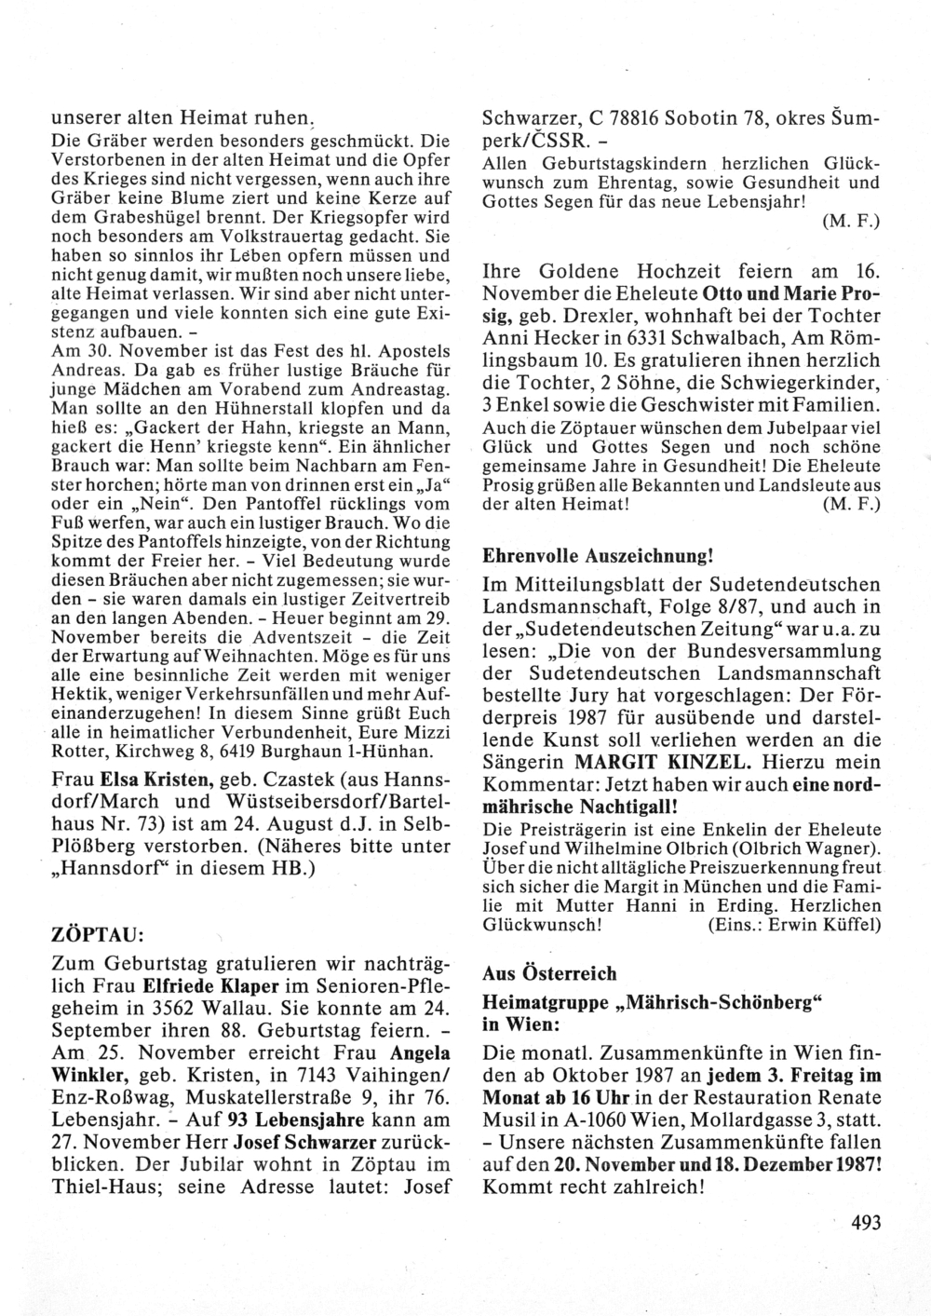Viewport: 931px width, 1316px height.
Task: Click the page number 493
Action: click(x=865, y=1222)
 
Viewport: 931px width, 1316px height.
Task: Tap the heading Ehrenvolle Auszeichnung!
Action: click(x=598, y=556)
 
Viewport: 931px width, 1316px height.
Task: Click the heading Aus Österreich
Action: click(x=549, y=973)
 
